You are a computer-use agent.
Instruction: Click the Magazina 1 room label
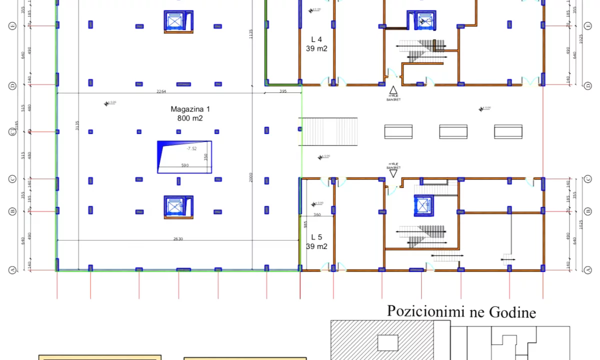(190, 109)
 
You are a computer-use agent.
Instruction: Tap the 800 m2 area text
(190, 118)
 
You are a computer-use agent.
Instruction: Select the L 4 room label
(316, 39)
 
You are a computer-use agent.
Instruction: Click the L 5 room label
(316, 237)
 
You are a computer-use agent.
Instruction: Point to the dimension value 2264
(161, 91)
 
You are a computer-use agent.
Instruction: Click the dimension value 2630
(178, 239)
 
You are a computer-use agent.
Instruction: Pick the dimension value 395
(283, 91)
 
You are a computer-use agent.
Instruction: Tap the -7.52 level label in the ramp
(191, 148)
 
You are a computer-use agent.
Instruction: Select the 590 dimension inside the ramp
(185, 165)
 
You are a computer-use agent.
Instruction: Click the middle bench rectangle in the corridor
(453, 131)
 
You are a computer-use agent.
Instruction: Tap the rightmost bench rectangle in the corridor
(508, 131)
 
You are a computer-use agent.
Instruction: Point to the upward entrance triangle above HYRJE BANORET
(393, 90)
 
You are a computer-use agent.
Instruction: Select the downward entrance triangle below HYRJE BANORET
(393, 173)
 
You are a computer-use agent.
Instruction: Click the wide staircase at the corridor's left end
(328, 131)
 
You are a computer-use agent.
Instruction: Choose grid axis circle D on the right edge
(588, 86)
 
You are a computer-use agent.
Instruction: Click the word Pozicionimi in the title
(417, 311)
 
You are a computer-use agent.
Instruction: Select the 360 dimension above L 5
(317, 214)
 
